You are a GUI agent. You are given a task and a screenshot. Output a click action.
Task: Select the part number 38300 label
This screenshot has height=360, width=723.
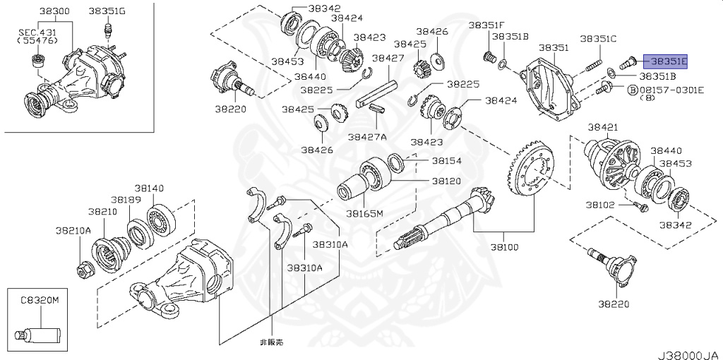pos(54,11)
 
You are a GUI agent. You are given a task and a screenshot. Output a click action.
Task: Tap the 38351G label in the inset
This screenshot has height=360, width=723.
pos(107,11)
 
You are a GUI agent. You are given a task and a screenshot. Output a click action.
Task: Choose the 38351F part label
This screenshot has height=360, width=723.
pos(484,25)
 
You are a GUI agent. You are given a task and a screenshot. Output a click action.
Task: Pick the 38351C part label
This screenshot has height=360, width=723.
pos(598,38)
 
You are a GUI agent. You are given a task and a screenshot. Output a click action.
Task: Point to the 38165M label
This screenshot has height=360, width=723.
pos(364,212)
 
